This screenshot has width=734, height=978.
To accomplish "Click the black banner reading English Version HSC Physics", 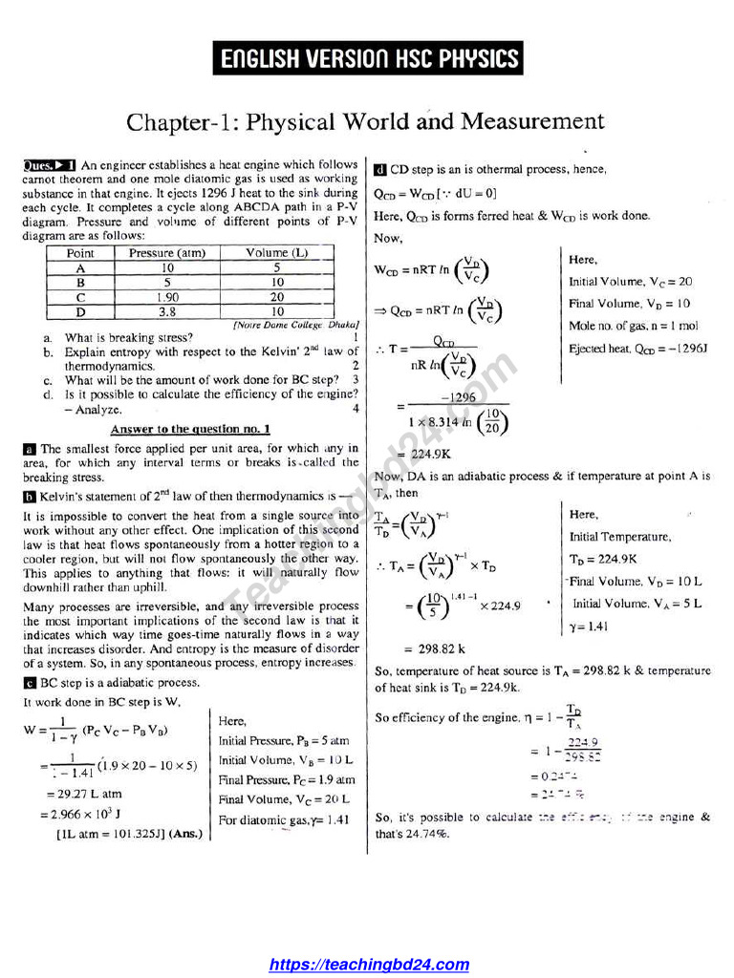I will point(368,59).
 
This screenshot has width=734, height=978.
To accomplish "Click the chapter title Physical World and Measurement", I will point(366,121).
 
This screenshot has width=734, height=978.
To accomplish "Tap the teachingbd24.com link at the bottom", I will point(369,965).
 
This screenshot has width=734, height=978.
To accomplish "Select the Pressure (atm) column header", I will point(167,253).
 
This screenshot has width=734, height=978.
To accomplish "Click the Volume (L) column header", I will point(276,253).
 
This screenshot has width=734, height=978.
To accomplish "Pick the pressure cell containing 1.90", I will point(167,297).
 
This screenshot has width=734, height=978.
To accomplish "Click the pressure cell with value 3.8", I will point(167,311).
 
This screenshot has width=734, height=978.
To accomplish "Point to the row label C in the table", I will point(80,297).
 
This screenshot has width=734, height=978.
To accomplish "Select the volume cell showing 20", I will point(276,297).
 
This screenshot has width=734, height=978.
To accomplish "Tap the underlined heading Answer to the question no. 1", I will point(190,429).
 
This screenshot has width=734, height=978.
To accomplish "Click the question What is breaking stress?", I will point(128,337).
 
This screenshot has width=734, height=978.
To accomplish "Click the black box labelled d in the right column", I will point(379,170).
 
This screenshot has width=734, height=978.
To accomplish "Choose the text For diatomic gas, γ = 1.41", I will point(284,819).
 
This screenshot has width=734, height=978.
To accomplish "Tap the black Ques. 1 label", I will point(50,165).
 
